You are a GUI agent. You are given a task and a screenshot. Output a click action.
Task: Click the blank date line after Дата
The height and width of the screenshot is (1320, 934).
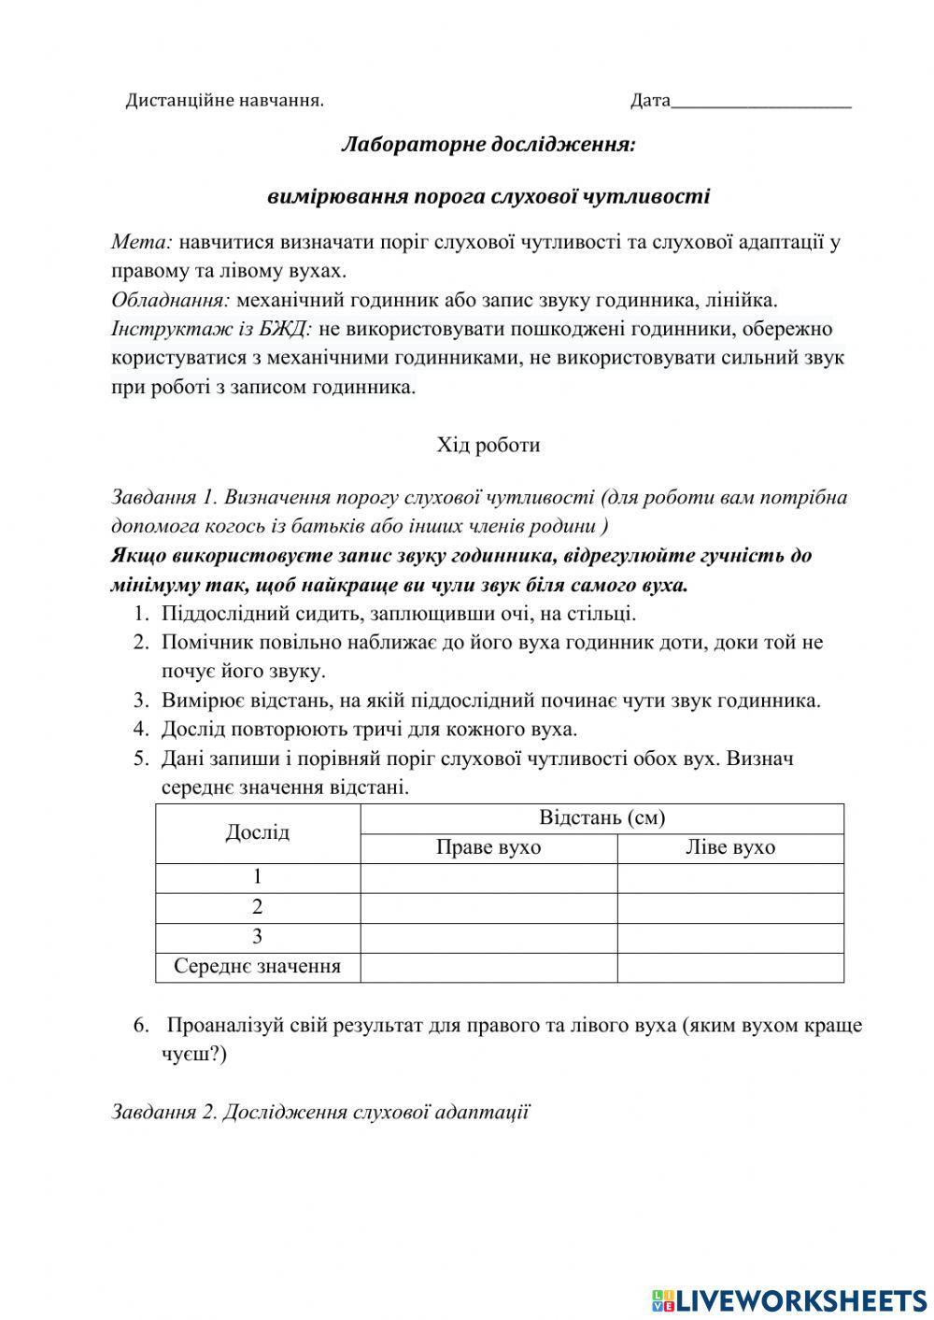(760, 101)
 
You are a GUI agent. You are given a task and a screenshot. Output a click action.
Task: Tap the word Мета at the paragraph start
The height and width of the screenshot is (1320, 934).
(141, 242)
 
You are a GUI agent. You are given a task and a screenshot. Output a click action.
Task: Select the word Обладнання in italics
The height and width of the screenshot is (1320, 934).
(171, 301)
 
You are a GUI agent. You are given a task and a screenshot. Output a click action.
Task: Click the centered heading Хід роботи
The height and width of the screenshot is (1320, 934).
(488, 445)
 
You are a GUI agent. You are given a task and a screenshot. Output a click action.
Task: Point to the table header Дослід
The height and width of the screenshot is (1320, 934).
(258, 832)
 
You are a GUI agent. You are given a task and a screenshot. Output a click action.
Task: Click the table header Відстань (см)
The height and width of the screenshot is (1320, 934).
(601, 818)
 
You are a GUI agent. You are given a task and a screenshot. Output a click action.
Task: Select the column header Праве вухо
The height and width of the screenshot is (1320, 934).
(488, 847)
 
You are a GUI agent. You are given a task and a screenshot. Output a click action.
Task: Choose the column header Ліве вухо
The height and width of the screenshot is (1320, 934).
(729, 847)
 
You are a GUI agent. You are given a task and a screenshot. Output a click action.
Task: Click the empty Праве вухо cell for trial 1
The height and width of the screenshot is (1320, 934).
(488, 878)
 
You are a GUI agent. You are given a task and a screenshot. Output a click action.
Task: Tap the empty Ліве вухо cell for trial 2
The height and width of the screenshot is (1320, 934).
(729, 908)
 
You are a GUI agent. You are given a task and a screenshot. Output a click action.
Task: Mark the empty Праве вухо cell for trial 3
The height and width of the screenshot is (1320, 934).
(488, 937)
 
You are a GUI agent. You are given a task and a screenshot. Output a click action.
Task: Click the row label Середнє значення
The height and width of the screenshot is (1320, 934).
(258, 967)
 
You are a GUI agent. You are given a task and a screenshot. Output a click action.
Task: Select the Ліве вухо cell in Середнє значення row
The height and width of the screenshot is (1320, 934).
(729, 967)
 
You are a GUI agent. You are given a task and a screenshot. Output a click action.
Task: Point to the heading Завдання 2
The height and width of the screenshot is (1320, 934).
(320, 1112)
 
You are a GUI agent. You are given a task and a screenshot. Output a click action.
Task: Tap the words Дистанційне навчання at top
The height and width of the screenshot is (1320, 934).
(224, 101)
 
